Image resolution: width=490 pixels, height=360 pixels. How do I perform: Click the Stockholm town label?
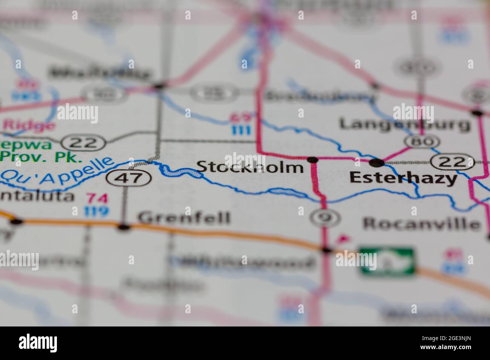tap(250, 166)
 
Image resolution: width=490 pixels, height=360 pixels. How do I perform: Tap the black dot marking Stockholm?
tap(312, 160)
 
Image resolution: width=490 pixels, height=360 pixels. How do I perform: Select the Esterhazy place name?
tap(403, 178)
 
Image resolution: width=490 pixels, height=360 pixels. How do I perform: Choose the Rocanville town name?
tap(421, 224)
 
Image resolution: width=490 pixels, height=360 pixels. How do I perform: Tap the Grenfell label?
tap(184, 218)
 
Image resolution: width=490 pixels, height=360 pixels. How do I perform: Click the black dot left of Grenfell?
tap(124, 227)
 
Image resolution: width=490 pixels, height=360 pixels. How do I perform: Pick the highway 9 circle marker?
tap(321, 217)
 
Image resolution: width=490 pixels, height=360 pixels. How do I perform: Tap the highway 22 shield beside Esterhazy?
tap(452, 162)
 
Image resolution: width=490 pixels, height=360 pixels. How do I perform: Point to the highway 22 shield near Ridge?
tap(84, 142)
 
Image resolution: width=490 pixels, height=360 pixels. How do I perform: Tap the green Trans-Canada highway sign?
tap(387, 260)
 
